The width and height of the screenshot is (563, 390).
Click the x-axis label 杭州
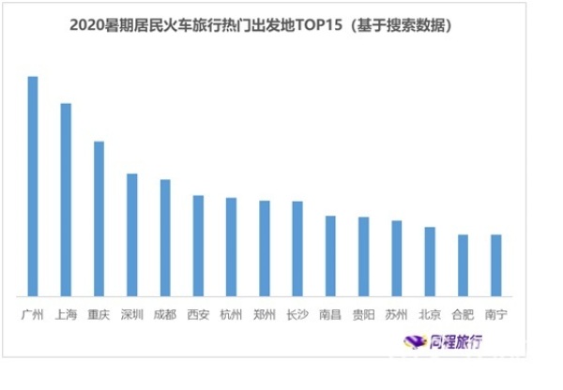(x=231, y=314)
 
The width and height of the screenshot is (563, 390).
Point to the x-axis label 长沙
(x=297, y=314)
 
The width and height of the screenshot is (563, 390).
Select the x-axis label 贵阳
(x=363, y=314)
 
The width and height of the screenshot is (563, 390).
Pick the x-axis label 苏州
(x=396, y=314)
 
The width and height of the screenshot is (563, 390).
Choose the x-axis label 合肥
(x=463, y=314)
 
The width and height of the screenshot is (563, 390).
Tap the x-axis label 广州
(x=33, y=314)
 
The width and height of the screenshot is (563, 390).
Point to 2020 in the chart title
(x=87, y=26)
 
